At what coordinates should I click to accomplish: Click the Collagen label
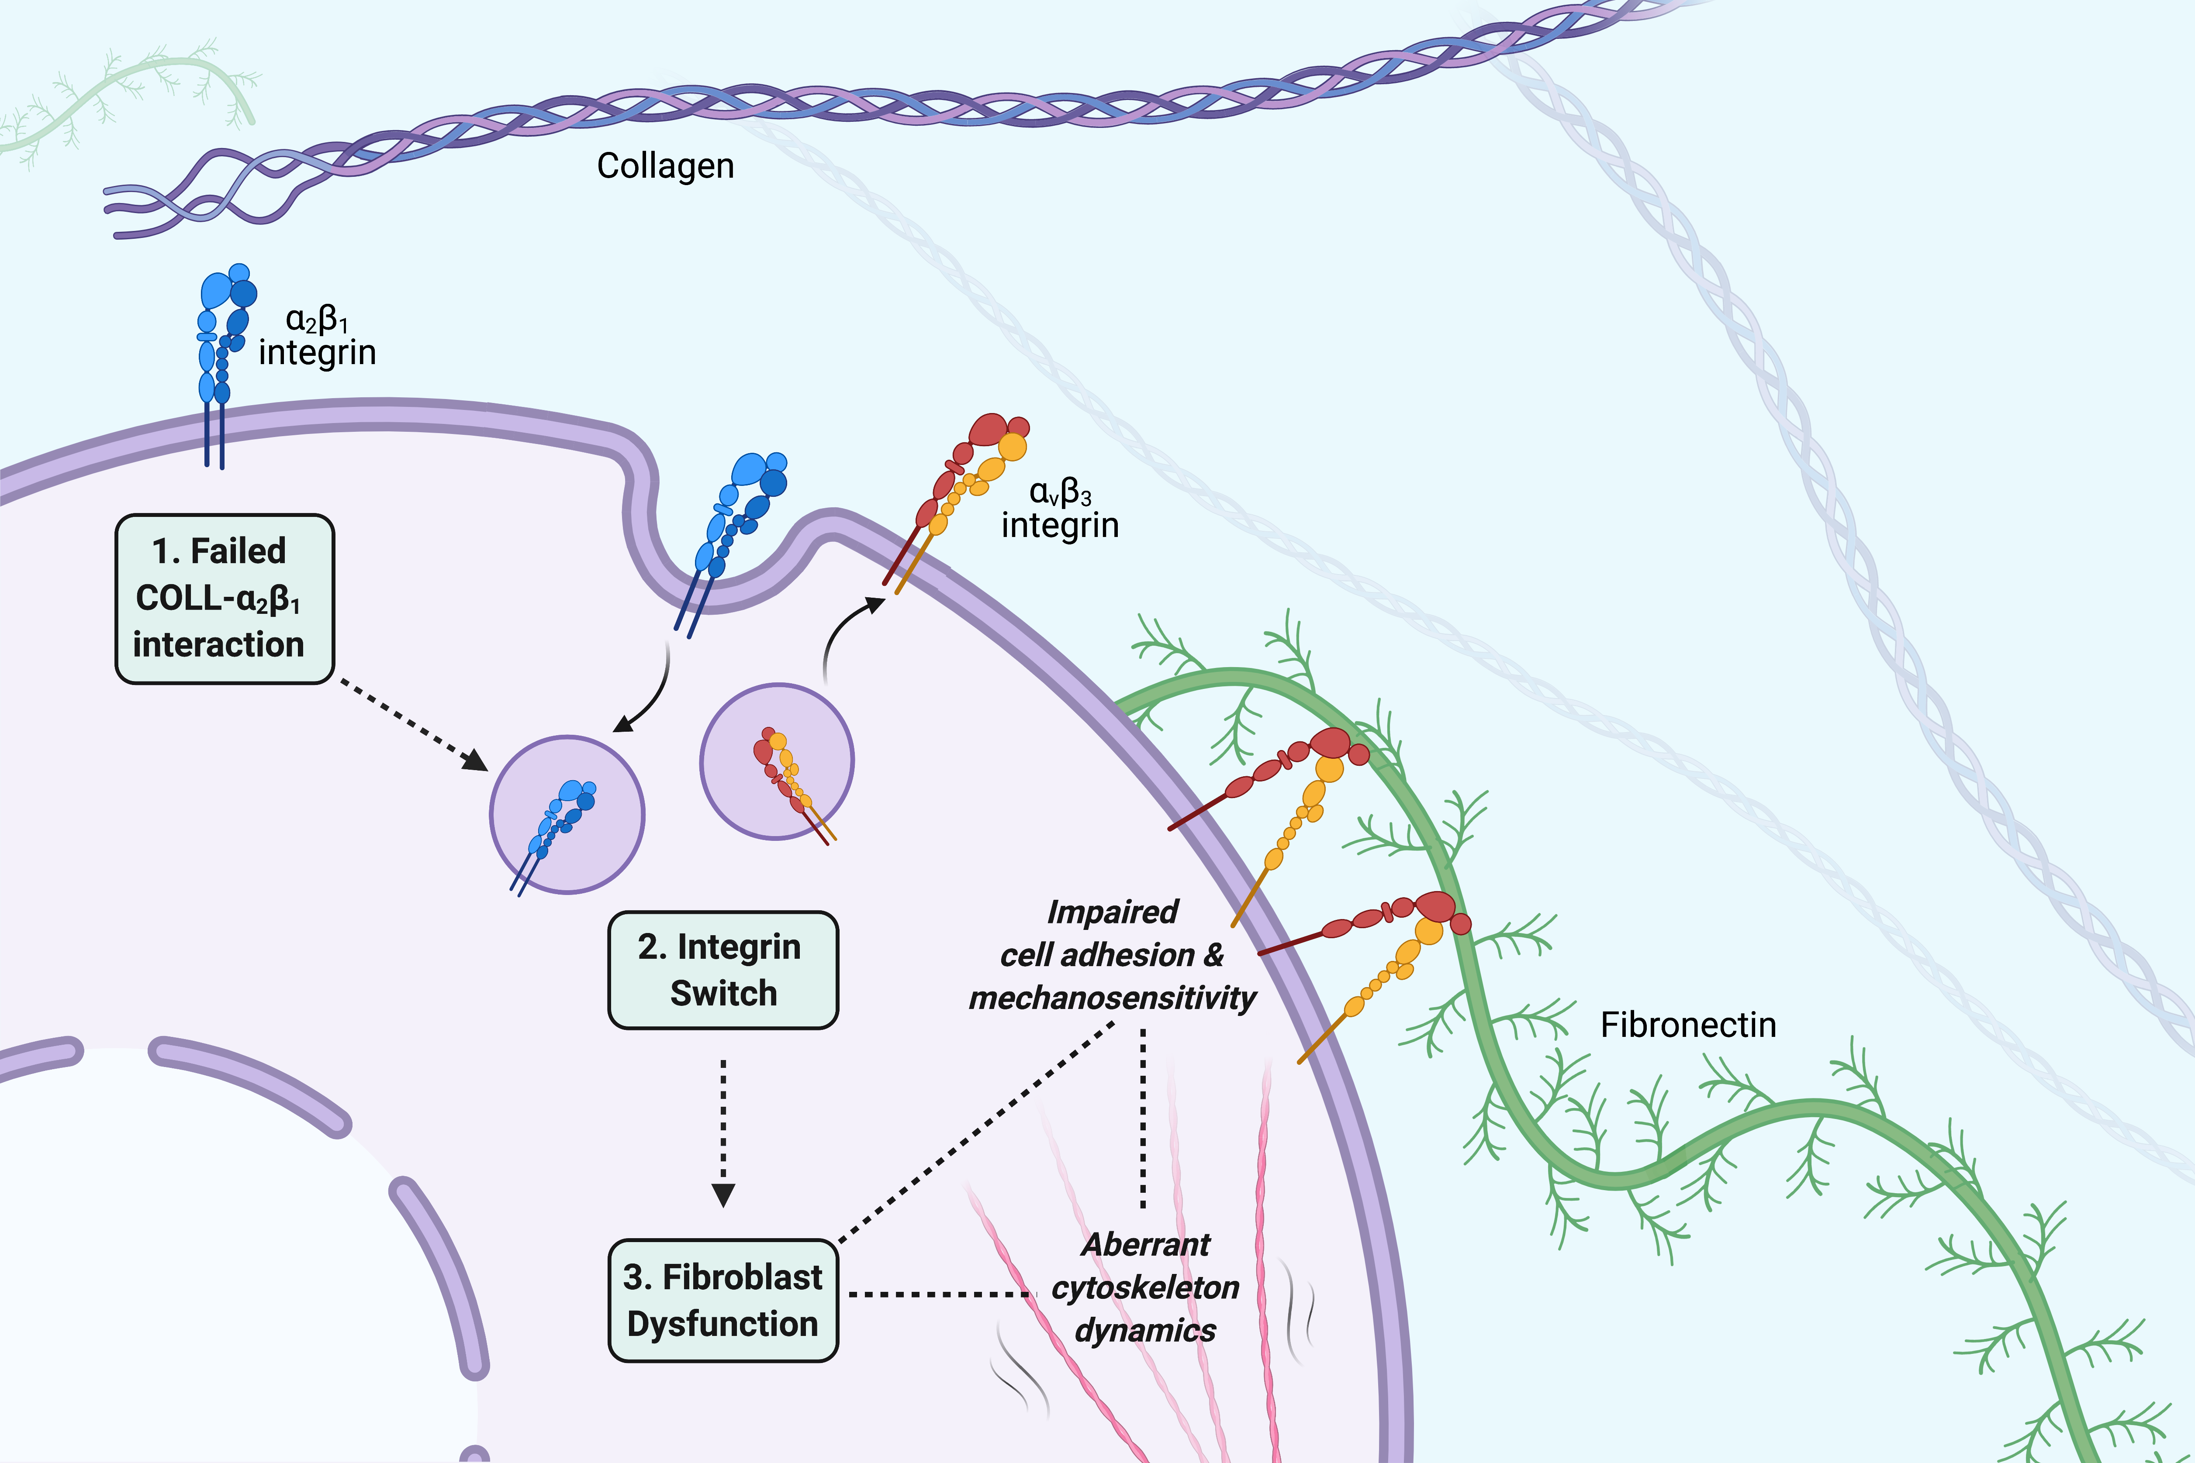click(x=665, y=166)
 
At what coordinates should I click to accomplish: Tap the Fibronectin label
click(x=1687, y=1025)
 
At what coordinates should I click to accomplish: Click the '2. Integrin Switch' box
click(x=722, y=971)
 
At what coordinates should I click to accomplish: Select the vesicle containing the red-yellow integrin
click(x=777, y=761)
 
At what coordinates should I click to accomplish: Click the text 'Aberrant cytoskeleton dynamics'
click(x=1145, y=1287)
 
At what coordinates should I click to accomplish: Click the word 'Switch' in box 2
click(x=723, y=994)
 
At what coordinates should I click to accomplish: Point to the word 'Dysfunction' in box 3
click(x=722, y=1324)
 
